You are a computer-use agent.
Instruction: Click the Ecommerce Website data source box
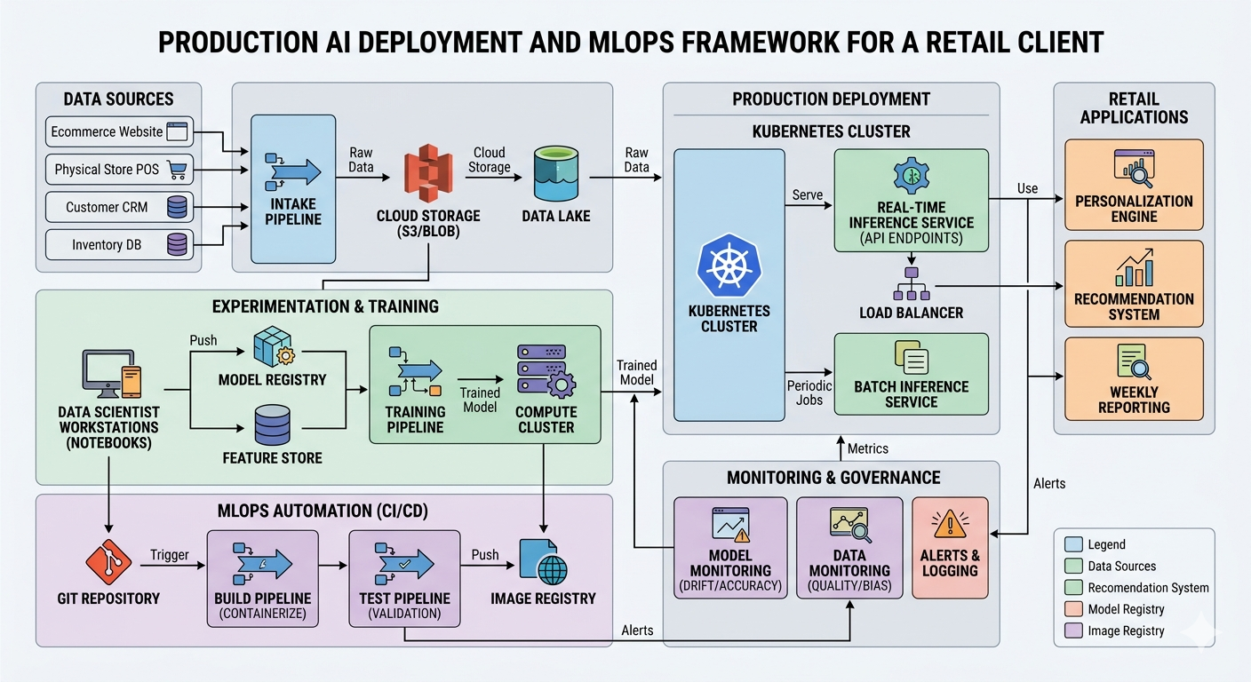pos(118,132)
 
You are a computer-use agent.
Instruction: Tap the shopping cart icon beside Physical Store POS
pos(178,169)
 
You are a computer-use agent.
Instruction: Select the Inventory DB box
pos(118,244)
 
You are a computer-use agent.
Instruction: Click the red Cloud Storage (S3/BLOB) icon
pos(428,177)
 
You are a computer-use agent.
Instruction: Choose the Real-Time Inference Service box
pos(911,201)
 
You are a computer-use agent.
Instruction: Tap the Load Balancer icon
pos(911,283)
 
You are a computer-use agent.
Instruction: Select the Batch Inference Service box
pos(911,374)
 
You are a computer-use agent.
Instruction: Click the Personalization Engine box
pos(1134,185)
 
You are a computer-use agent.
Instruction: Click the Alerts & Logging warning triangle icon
pos(950,525)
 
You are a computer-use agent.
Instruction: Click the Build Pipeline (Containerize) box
pos(262,577)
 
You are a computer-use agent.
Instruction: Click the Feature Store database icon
pos(272,425)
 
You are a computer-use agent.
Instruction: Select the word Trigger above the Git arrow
pos(170,555)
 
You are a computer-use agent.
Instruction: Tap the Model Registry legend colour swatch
pos(1072,609)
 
